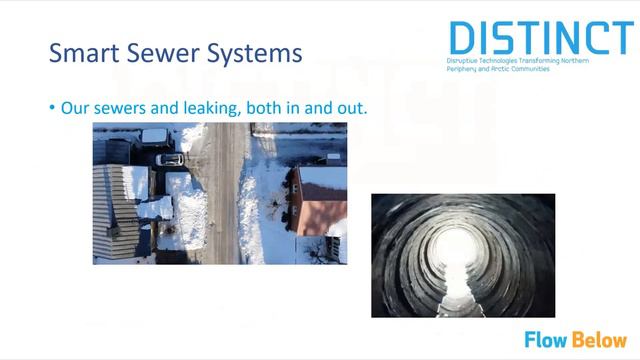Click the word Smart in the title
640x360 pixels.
[83, 52]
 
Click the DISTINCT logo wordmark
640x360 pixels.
[540, 37]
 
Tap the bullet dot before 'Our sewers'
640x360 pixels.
[52, 106]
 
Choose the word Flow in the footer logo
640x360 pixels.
[547, 340]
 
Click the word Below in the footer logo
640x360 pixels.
[600, 340]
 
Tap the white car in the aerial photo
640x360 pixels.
[169, 159]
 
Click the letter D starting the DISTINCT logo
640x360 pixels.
[462, 37]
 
